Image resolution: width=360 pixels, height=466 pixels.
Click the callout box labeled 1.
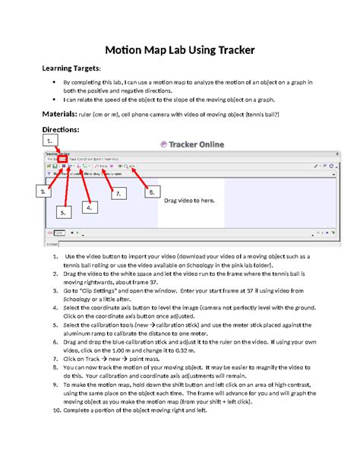[x=50, y=141]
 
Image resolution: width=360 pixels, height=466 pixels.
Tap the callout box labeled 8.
[x=153, y=192]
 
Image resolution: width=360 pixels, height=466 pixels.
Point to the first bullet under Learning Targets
[x=52, y=81]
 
